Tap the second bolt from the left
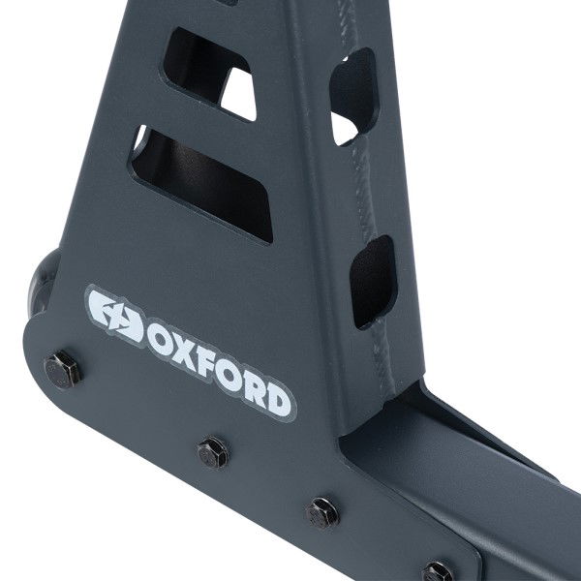tap(211, 450)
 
